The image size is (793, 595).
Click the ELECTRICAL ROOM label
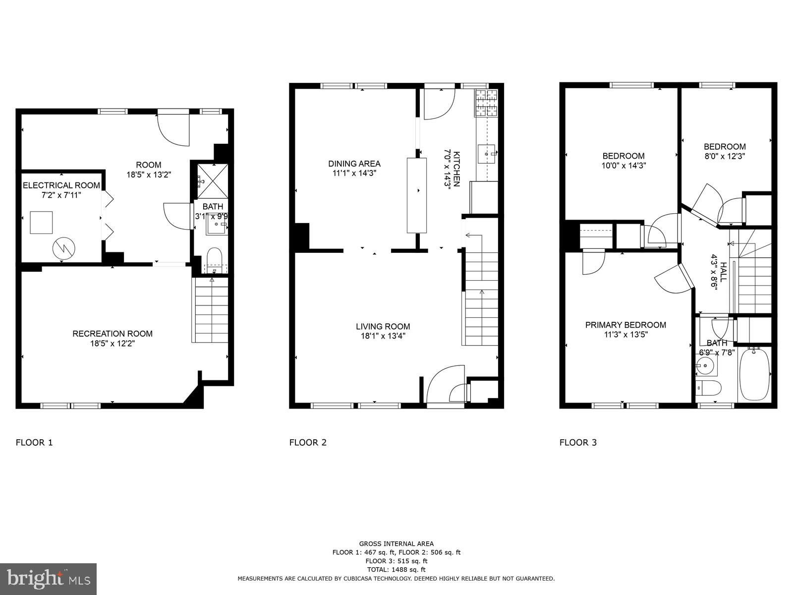(61, 185)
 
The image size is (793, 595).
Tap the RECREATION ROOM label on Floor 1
(113, 334)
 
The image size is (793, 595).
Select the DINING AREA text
(354, 164)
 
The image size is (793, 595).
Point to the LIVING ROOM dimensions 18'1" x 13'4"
(383, 336)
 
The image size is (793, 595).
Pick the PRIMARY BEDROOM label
(625, 325)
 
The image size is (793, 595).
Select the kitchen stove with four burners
(486, 103)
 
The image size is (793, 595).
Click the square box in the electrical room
(41, 222)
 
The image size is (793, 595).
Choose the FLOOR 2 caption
(308, 442)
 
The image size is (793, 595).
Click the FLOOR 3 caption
(578, 442)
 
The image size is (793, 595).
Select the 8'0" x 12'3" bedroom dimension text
(725, 156)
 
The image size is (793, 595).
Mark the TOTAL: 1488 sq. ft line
(396, 570)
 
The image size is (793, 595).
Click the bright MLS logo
(49, 579)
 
